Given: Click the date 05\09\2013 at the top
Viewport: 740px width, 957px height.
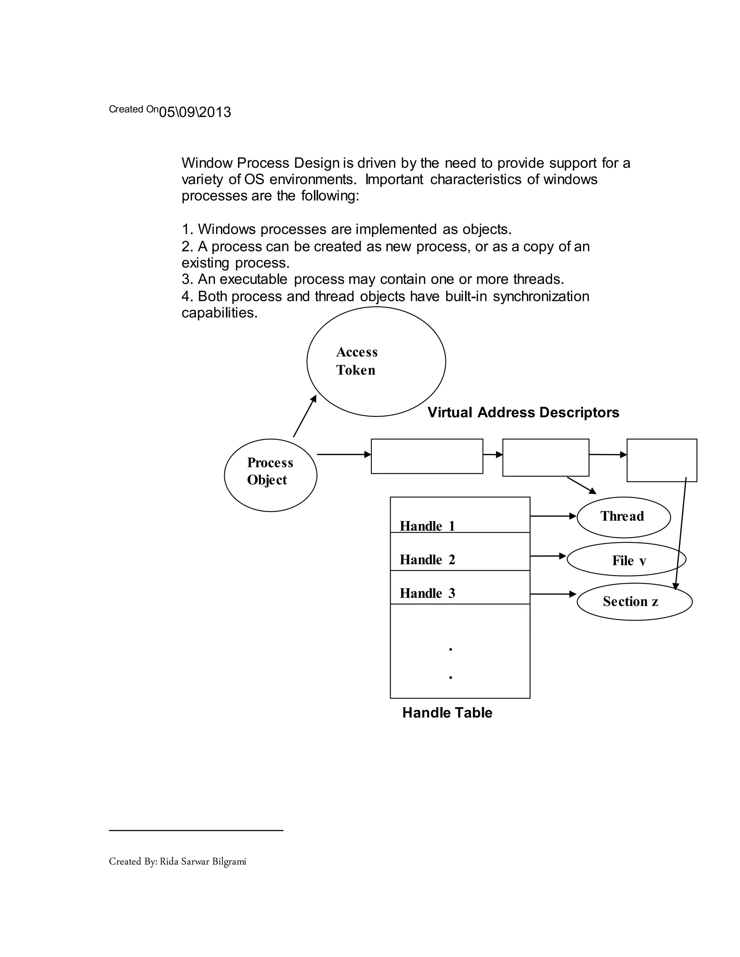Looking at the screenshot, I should [x=195, y=112].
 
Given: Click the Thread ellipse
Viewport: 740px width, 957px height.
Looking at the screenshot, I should [x=623, y=517].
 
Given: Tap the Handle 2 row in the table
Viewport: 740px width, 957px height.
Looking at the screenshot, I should [x=460, y=552].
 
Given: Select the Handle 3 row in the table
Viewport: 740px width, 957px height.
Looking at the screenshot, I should [x=460, y=588].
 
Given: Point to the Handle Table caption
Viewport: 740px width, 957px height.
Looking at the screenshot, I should [x=447, y=713].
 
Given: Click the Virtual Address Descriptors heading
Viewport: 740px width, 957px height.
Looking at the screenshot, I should [x=523, y=412].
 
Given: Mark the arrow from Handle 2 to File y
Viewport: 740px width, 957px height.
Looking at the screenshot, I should [x=548, y=556].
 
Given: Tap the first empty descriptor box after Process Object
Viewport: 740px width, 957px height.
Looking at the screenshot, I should [x=427, y=456].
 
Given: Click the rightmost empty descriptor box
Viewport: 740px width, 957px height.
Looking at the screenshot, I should [x=662, y=460].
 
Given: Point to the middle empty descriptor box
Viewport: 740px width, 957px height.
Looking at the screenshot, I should [x=545, y=458].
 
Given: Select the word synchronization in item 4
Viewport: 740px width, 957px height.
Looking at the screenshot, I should [x=541, y=296].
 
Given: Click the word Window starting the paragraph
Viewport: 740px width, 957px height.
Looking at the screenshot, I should [x=207, y=163].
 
